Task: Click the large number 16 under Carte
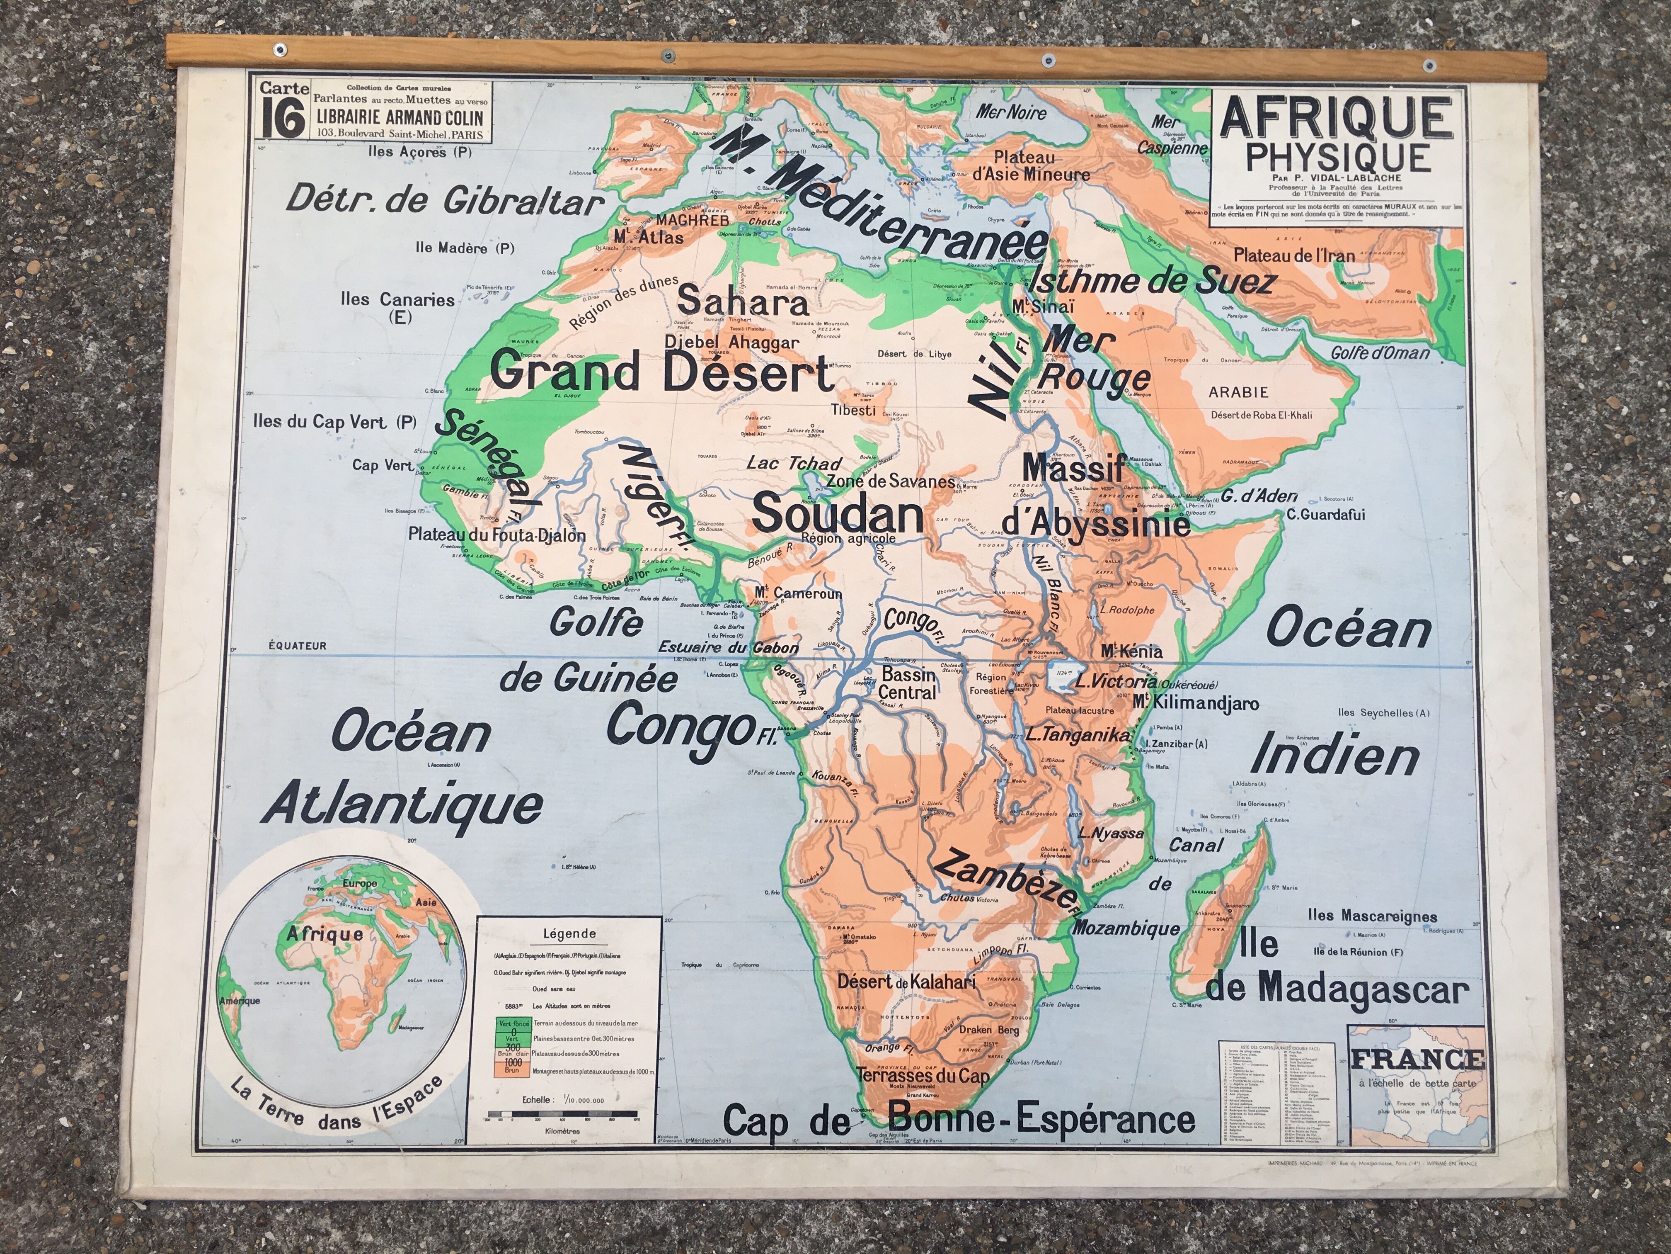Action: (x=283, y=118)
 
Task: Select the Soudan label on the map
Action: (x=838, y=513)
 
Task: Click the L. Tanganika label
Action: (x=1078, y=734)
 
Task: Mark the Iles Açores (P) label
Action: (x=419, y=152)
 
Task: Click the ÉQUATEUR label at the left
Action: (x=298, y=646)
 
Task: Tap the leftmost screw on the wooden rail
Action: (x=281, y=50)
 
